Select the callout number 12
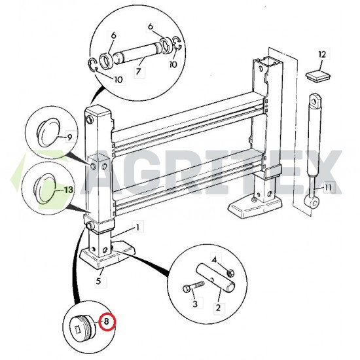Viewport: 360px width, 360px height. click(321, 54)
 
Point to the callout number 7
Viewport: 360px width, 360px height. click(138, 70)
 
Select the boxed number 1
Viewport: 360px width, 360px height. click(137, 228)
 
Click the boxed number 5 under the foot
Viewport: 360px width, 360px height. click(99, 282)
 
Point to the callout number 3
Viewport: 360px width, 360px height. click(194, 304)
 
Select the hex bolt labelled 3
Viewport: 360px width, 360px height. click(190, 287)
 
